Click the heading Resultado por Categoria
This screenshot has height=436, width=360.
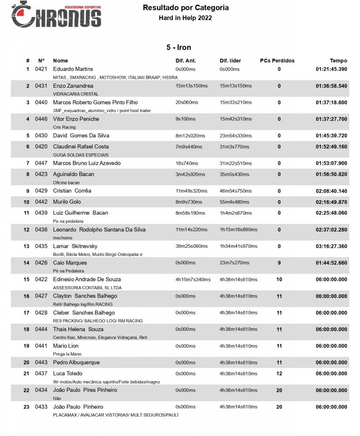pyautogui.click(x=186, y=8)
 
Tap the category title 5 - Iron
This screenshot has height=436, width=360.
pyautogui.click(x=179, y=47)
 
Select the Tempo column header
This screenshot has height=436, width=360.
pyautogui.click(x=338, y=60)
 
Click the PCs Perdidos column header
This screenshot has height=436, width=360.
pyautogui.click(x=277, y=60)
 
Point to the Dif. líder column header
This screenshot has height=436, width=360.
pyautogui.click(x=230, y=60)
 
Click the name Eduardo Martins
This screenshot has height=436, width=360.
pyautogui.click(x=73, y=69)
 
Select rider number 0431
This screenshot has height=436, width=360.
pyautogui.click(x=41, y=86)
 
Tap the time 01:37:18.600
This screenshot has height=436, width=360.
pyautogui.click(x=331, y=102)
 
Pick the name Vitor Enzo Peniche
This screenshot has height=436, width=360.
pyautogui.click(x=76, y=119)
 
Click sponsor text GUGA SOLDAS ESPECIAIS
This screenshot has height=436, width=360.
pyautogui.click(x=81, y=155)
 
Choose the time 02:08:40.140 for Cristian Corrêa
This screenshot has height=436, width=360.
pyautogui.click(x=331, y=191)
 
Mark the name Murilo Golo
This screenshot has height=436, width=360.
pyautogui.click(x=67, y=201)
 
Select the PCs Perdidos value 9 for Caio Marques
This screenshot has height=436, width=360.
pyautogui.click(x=279, y=263)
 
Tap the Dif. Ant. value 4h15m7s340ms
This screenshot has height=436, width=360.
pyautogui.click(x=193, y=279)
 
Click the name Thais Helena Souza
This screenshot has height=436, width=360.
pyautogui.click(x=78, y=329)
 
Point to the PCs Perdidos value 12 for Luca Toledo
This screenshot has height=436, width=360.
pyautogui.click(x=279, y=373)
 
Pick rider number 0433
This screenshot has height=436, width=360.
pyautogui.click(x=41, y=407)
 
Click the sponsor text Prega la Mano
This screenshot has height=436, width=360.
pyautogui.click(x=67, y=354)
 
